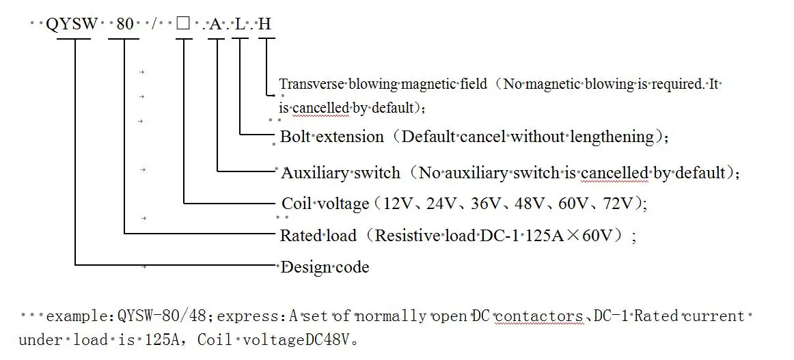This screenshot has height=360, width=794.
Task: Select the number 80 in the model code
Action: point(125,25)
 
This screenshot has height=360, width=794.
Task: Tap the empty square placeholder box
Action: point(182,25)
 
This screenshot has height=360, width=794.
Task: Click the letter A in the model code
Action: point(216,25)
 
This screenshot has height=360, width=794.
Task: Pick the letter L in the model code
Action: point(240,25)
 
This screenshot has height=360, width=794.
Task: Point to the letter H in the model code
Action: point(265,25)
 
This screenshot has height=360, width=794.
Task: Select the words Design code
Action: point(325,267)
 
